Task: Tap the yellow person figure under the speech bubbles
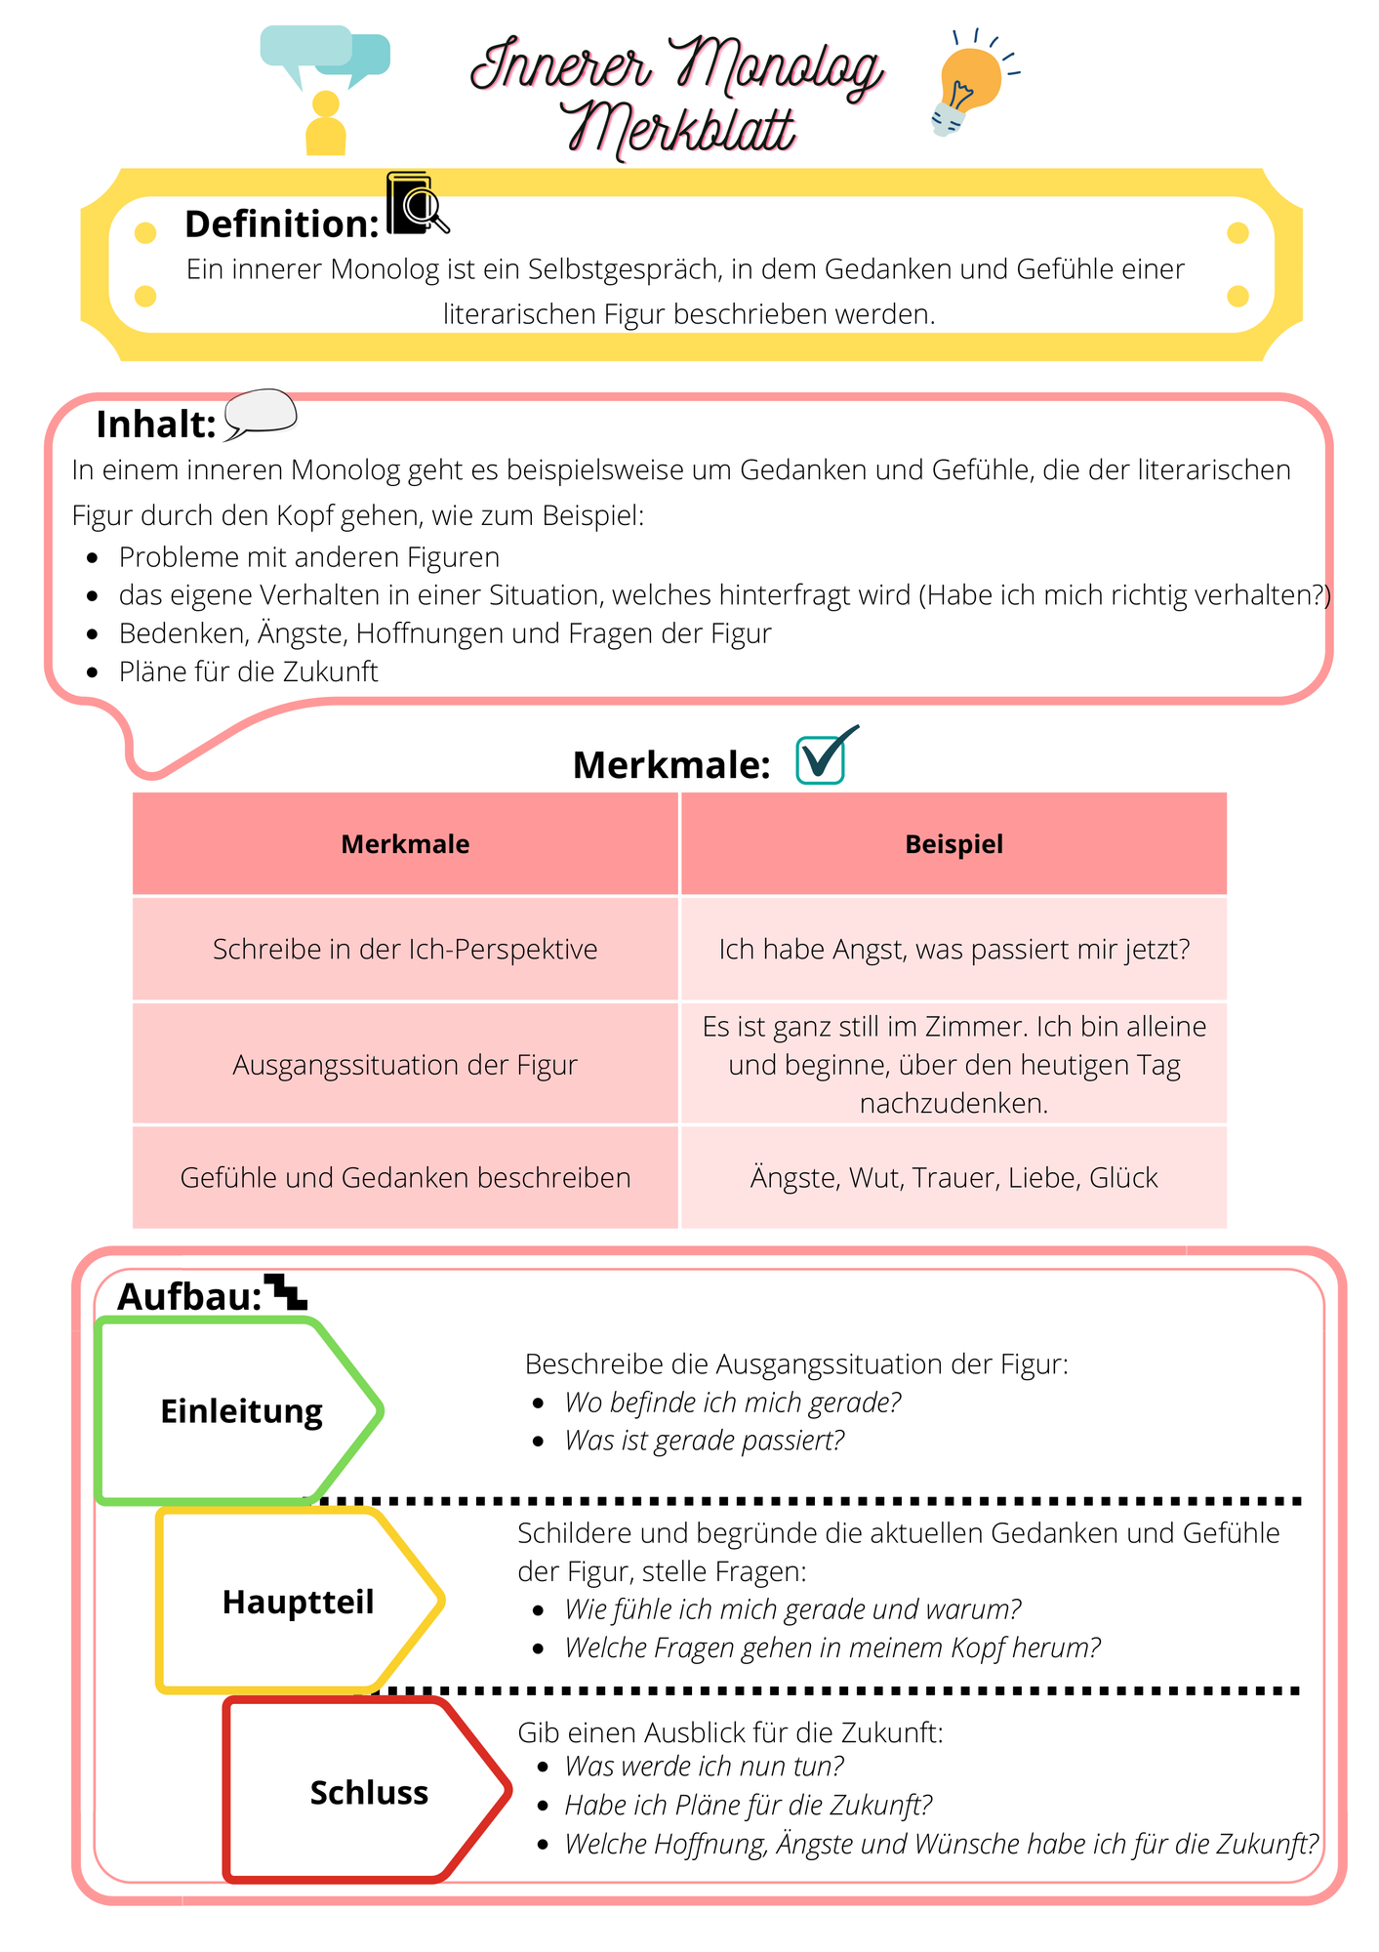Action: pyautogui.click(x=326, y=123)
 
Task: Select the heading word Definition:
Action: pyautogui.click(x=282, y=224)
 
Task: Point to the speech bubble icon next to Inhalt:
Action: pyautogui.click(x=261, y=415)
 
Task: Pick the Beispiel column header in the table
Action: pyautogui.click(x=953, y=844)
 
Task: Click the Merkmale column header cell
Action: pyautogui.click(x=405, y=844)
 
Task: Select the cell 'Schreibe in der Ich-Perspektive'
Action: pyautogui.click(x=405, y=949)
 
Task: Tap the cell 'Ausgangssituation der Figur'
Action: pyautogui.click(x=405, y=1064)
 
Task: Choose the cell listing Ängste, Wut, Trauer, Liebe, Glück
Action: pyautogui.click(x=953, y=1177)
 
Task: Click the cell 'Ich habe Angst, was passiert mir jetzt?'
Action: pyautogui.click(x=953, y=949)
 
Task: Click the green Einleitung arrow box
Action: pyautogui.click(x=240, y=1411)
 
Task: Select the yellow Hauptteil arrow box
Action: pyautogui.click(x=301, y=1602)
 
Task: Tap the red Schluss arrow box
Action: pyautogui.click(x=368, y=1792)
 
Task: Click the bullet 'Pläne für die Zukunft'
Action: pyautogui.click(x=248, y=671)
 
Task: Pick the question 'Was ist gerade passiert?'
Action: pyautogui.click(x=704, y=1441)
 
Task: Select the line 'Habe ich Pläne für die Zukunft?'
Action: pyautogui.click(x=749, y=1806)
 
